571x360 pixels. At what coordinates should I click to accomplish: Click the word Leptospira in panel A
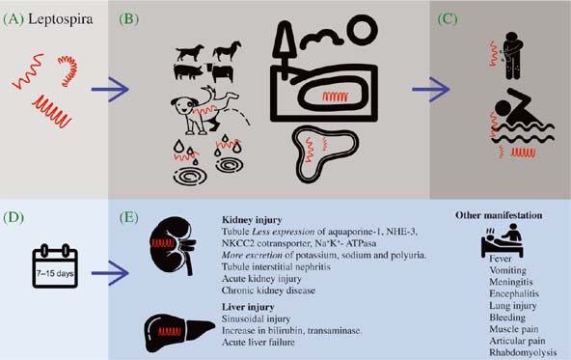click(60, 19)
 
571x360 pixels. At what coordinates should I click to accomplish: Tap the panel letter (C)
click(448, 19)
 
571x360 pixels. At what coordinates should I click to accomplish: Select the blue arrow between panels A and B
click(110, 89)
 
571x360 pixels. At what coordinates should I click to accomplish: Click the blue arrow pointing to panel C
click(431, 89)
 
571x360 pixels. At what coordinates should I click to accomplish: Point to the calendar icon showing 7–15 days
click(55, 266)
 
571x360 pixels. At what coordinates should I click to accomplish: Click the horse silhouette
click(227, 50)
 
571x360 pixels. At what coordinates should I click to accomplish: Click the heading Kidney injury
click(252, 220)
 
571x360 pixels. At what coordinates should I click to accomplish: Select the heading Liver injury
click(248, 307)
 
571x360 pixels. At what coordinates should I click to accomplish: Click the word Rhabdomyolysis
click(523, 352)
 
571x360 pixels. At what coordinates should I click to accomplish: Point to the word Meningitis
click(511, 282)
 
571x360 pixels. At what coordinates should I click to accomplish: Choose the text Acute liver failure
click(258, 343)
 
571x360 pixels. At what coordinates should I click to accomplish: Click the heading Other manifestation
click(499, 215)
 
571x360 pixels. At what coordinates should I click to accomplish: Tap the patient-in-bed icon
click(503, 240)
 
